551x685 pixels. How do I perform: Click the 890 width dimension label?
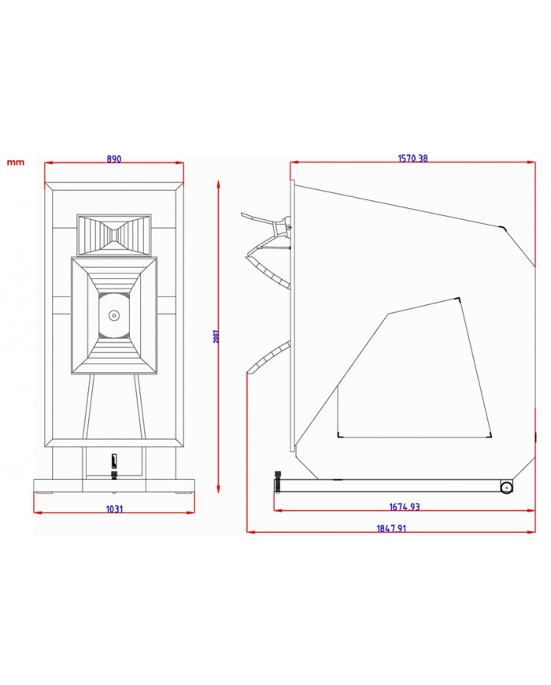(114, 159)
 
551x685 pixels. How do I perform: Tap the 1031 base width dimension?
(114, 509)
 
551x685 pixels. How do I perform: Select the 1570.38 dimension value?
(412, 158)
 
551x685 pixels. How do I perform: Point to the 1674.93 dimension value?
(405, 507)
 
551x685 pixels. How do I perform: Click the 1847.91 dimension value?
(391, 528)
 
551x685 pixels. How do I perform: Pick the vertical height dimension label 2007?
(216, 336)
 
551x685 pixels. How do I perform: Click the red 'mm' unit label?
(16, 162)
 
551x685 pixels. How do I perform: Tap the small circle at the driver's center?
(114, 315)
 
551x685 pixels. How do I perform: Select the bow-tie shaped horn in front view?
(114, 235)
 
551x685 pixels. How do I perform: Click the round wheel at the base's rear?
(506, 487)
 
